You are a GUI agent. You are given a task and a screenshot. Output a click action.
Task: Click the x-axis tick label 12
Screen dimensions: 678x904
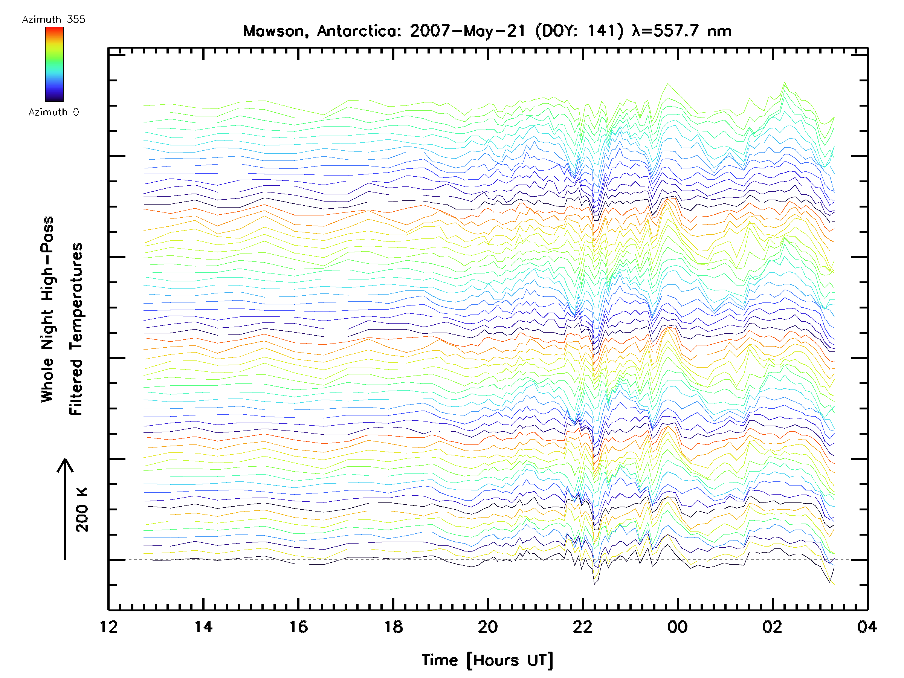[109, 626]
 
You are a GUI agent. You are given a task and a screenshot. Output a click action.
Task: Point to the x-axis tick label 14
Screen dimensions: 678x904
[203, 626]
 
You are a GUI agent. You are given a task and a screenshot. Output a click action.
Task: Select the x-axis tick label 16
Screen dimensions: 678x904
[298, 626]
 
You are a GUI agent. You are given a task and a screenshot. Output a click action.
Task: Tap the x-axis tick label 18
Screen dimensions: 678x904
[393, 626]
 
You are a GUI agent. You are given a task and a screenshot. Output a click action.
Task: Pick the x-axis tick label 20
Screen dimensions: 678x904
[488, 626]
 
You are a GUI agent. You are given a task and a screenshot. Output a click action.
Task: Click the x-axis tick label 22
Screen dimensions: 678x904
[583, 626]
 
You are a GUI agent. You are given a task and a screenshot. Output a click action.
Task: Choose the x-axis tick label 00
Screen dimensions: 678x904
[678, 626]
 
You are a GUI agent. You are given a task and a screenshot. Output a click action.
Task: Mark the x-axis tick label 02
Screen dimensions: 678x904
[773, 626]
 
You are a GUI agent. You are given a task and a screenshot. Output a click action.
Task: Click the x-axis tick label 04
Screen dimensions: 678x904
[867, 626]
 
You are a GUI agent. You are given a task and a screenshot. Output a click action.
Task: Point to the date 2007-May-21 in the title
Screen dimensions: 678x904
[468, 31]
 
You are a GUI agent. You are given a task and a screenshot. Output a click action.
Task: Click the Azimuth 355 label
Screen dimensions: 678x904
[53, 20]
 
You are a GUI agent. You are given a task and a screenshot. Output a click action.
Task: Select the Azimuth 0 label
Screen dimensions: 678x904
[53, 112]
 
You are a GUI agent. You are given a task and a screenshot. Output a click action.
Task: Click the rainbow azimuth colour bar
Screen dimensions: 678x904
[54, 64]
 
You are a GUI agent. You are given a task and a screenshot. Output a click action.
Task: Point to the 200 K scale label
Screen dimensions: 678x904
[82, 510]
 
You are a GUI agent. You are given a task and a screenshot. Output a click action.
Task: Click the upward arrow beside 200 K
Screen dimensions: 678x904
[65, 509]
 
